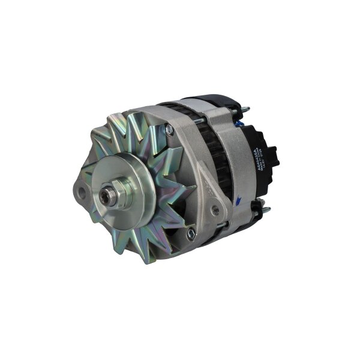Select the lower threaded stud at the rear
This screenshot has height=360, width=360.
click(265, 209)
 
